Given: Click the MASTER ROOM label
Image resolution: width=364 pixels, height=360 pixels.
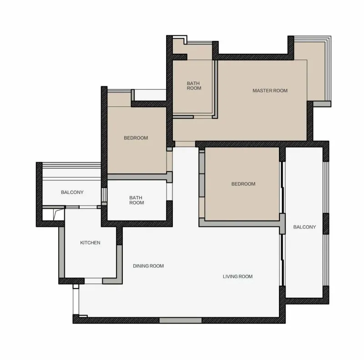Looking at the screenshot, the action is point(270,91).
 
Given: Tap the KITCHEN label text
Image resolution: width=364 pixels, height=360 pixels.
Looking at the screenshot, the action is point(90,243).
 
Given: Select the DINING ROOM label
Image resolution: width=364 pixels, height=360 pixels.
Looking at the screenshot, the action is point(148,266).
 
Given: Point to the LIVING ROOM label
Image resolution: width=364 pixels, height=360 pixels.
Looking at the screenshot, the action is point(238,276).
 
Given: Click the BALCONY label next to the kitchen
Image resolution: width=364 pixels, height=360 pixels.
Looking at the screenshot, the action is point(72,193).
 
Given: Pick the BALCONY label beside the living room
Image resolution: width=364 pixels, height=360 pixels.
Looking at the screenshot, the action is point(304,227).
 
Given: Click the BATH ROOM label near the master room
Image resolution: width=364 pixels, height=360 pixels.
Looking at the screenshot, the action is point(194,86).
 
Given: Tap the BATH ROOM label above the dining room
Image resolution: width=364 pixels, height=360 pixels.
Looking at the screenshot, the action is point(136,200).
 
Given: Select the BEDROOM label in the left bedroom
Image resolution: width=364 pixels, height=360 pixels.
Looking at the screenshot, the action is point(136,138).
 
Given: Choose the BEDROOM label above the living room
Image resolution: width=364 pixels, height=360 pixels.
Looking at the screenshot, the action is point(243,184).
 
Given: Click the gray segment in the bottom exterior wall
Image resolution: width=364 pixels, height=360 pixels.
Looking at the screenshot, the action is point(180,320).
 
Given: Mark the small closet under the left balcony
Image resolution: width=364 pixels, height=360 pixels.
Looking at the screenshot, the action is point(53,215).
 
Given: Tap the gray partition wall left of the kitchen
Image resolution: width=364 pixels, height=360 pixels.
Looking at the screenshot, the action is point(61,252).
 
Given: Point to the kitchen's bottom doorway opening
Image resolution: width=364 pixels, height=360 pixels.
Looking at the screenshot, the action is point(93,281).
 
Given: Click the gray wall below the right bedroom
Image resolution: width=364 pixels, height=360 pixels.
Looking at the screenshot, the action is point(239,223).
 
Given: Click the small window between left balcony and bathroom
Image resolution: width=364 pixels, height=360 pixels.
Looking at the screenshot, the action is point(104,195).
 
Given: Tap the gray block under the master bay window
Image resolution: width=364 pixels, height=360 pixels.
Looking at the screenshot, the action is point(322,104).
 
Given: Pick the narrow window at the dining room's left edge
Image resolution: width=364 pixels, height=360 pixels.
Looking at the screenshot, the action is point(76,301).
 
